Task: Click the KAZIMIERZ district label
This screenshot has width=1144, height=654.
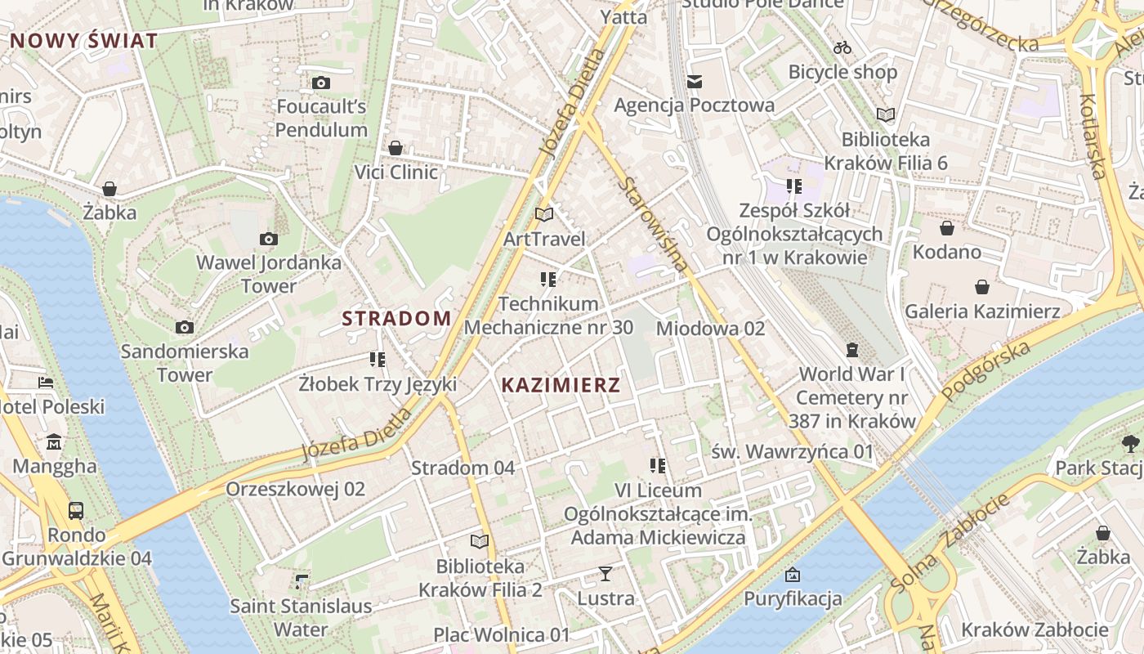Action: (561, 386)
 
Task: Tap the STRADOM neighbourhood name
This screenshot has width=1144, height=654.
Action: (396, 319)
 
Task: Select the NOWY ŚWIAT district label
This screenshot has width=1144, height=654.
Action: (83, 41)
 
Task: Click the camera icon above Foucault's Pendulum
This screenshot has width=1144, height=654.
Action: (321, 83)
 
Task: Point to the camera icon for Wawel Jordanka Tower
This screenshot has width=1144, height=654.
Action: (268, 239)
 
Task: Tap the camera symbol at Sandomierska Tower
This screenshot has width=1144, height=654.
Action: (185, 327)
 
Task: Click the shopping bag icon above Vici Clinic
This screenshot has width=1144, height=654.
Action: (395, 148)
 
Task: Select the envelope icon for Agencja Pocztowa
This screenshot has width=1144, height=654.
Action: (695, 81)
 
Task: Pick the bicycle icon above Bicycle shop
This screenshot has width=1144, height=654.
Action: (842, 47)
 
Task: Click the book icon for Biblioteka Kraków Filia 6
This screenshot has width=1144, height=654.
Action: (886, 114)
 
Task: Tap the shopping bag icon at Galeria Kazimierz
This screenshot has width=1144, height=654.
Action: (982, 287)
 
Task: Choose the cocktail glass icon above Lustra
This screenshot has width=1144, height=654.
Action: (606, 573)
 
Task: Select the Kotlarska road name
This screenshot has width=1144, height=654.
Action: (1093, 136)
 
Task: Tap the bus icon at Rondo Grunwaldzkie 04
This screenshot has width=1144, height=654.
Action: (76, 511)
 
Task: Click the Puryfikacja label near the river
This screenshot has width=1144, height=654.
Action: (792, 598)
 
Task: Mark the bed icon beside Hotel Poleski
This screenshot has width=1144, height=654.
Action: (47, 382)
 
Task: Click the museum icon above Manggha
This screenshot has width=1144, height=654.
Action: (54, 442)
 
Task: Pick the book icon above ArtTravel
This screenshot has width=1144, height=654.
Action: (544, 214)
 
